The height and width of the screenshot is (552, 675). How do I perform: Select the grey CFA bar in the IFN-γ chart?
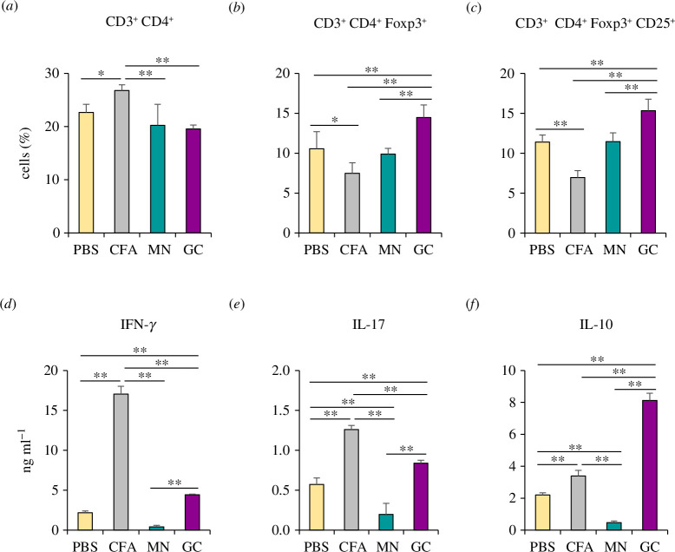pyautogui.click(x=121, y=462)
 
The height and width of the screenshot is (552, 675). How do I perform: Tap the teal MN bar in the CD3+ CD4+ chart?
pyautogui.click(x=158, y=179)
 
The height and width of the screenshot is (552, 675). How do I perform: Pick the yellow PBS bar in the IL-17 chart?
pyautogui.click(x=317, y=507)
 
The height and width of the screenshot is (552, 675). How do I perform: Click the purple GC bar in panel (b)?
pyautogui.click(x=423, y=175)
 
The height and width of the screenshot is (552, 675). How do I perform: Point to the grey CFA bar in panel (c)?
pyautogui.click(x=578, y=206)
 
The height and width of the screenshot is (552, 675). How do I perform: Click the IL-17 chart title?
pyautogui.click(x=368, y=324)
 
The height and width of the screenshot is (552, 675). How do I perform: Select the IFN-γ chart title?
pyautogui.click(x=138, y=325)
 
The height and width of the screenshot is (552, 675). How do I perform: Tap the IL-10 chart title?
pyautogui.click(x=596, y=324)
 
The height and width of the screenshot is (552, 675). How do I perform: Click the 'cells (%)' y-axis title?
pyautogui.click(x=25, y=153)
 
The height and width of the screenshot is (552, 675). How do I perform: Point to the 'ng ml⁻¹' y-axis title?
pyautogui.click(x=27, y=450)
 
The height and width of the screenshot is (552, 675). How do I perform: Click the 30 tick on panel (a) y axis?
pyautogui.click(x=53, y=73)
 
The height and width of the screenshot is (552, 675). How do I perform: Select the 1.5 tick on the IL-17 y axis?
pyautogui.click(x=284, y=411)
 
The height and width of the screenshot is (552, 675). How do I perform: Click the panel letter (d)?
pyautogui.click(x=9, y=305)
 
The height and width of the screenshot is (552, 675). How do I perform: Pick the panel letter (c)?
pyautogui.click(x=474, y=8)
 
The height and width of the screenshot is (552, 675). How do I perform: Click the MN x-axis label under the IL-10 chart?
pyautogui.click(x=613, y=547)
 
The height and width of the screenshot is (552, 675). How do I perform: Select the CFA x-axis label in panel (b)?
pyautogui.click(x=353, y=249)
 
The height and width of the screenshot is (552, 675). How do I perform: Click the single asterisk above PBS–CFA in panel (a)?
pyautogui.click(x=102, y=74)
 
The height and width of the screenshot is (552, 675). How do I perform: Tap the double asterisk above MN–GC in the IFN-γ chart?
pyautogui.click(x=174, y=483)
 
